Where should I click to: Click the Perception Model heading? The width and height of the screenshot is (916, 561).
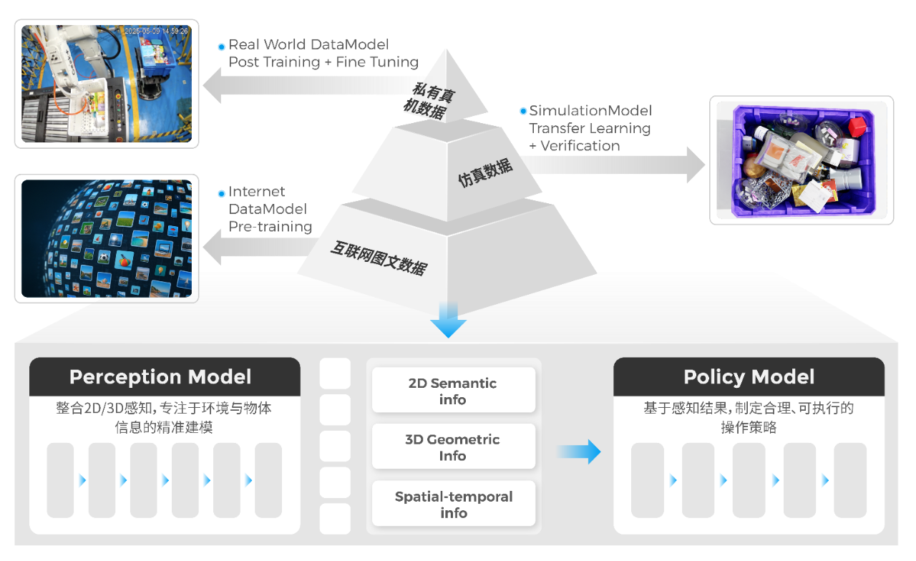(160, 377)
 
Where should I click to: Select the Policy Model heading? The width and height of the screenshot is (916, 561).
(749, 377)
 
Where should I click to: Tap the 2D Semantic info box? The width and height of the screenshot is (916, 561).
(452, 391)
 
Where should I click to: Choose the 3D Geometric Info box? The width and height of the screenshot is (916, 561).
(452, 447)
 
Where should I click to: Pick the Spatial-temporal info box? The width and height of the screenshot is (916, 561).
(453, 504)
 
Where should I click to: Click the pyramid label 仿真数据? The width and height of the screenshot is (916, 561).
(485, 172)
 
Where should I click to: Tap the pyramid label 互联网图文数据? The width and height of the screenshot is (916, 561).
(379, 258)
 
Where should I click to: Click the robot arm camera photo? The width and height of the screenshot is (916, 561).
(106, 83)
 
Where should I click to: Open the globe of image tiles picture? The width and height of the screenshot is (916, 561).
(106, 238)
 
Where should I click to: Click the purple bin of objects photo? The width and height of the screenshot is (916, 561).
(801, 160)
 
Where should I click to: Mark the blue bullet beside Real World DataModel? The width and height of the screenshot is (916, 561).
(222, 47)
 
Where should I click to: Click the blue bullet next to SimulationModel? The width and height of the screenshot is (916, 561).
(522, 112)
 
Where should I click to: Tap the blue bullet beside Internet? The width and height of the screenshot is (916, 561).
(222, 193)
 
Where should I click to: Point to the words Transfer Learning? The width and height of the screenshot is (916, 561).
(590, 129)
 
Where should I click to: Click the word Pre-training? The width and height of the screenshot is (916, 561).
(271, 227)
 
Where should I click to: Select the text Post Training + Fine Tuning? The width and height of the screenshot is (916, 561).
(323, 62)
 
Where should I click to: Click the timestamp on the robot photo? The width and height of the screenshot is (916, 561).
(155, 31)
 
